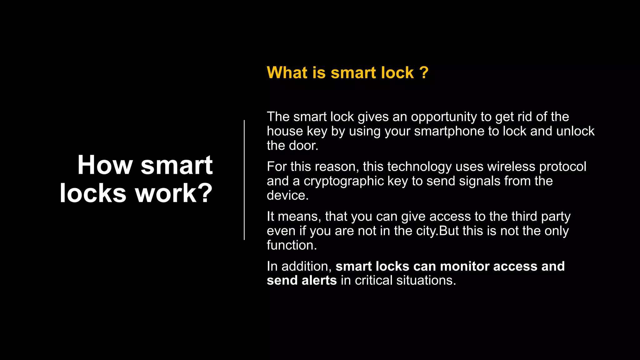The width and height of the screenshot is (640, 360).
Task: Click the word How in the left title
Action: tap(105, 165)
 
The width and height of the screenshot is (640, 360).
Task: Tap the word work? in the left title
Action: tap(174, 193)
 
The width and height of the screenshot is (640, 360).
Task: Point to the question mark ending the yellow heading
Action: tap(424, 72)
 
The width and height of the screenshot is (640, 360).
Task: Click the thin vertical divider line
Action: tap(244, 180)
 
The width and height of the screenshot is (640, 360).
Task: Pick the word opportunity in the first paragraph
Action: tap(444, 117)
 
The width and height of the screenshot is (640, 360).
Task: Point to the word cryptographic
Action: tap(343, 181)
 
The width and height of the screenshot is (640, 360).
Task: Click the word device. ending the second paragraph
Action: tap(287, 196)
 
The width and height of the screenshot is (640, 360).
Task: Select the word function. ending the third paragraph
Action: tap(292, 245)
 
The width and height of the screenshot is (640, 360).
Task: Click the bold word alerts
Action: tap(319, 280)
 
